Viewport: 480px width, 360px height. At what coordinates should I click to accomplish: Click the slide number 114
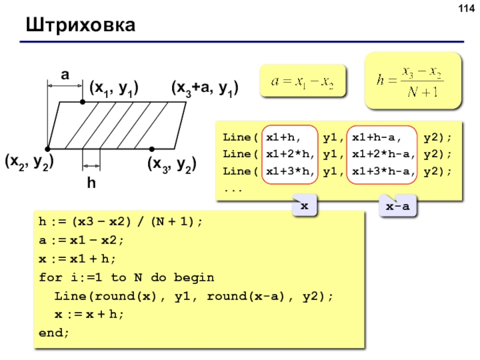coord(467,8)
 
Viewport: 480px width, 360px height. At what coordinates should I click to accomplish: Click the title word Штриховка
coord(80,25)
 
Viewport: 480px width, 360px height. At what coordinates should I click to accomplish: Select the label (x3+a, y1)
coord(205,89)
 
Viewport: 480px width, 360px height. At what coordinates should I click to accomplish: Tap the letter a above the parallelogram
coord(65,74)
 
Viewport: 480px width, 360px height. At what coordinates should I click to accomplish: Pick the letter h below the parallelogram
coord(91,183)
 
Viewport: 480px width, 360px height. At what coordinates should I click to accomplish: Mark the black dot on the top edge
coord(83,102)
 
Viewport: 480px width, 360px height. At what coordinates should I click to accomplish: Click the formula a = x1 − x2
coord(302,82)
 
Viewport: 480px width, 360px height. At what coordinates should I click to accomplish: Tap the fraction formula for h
coord(410,81)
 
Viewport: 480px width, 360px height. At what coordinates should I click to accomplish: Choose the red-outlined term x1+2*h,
coord(290,154)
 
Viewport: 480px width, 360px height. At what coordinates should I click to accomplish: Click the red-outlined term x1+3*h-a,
coord(383,171)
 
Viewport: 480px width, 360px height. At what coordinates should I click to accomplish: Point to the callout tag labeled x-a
coord(398,206)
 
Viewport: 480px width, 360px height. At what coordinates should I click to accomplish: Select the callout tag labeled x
coord(304,206)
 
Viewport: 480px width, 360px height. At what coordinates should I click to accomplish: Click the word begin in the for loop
coord(194,278)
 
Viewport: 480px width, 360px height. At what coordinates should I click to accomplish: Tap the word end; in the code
coord(54,332)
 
